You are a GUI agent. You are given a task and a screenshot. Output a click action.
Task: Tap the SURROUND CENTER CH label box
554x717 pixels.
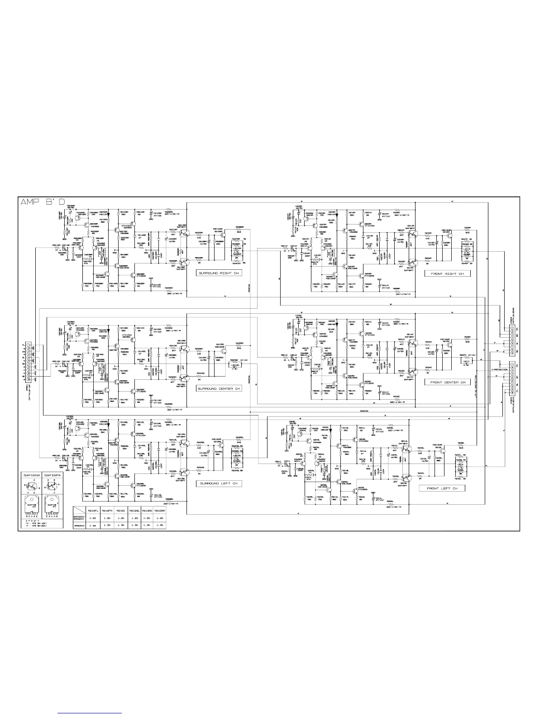click(x=219, y=388)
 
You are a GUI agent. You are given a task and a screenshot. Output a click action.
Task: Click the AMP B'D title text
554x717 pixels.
click(x=44, y=203)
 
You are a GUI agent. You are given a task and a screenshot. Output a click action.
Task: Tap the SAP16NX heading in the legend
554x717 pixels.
click(x=32, y=475)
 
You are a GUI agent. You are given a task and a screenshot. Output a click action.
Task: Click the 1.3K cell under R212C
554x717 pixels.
click(x=121, y=525)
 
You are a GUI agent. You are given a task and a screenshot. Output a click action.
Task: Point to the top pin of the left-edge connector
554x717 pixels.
click(x=28, y=345)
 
